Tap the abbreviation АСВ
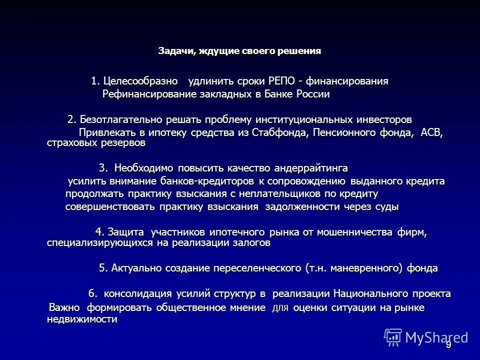pyautogui.click(x=431, y=132)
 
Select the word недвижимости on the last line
pyautogui.click(x=82, y=320)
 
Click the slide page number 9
pyautogui.click(x=448, y=344)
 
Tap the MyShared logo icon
pyautogui.click(x=392, y=337)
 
